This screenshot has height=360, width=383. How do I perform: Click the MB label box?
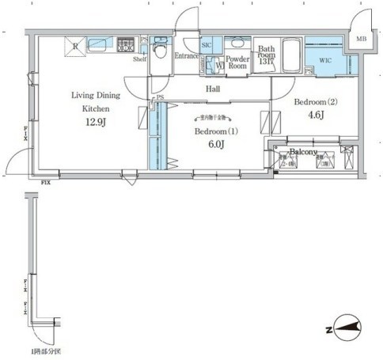tap(360, 39)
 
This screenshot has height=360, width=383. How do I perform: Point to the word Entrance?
tap(188, 55)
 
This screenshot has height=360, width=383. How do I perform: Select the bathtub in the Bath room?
tap(286, 57)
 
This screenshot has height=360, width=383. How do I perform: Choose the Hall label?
tap(214, 89)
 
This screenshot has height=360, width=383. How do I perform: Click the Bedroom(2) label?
tap(314, 103)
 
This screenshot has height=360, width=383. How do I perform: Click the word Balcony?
tap(303, 152)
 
